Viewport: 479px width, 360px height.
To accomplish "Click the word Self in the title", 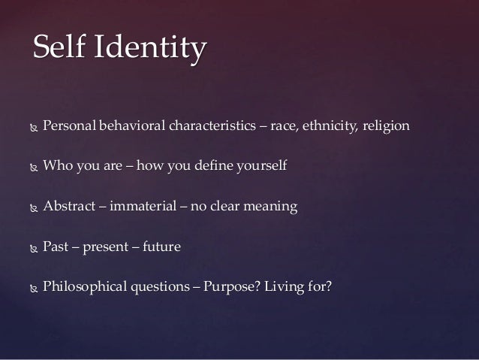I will [x=57, y=49].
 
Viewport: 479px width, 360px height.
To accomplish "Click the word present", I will [x=106, y=247].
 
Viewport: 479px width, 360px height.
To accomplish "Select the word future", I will [x=161, y=246].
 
